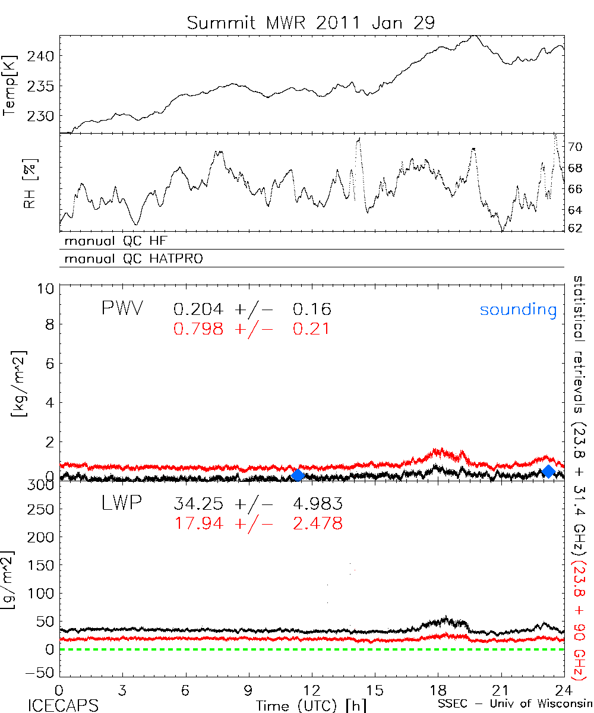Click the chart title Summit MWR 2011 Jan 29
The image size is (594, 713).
(x=311, y=23)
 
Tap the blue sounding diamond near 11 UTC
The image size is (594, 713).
(x=298, y=474)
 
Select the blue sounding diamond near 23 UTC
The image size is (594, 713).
(x=549, y=471)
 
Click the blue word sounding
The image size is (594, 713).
(x=518, y=310)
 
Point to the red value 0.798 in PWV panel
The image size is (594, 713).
(x=198, y=328)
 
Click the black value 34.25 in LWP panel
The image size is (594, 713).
(x=198, y=504)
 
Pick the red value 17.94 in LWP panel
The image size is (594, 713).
(x=198, y=523)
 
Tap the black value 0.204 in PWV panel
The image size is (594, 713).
(x=198, y=309)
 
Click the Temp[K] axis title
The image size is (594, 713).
(x=10, y=86)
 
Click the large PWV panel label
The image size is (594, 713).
(x=121, y=309)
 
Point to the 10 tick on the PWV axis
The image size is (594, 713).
(x=48, y=288)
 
